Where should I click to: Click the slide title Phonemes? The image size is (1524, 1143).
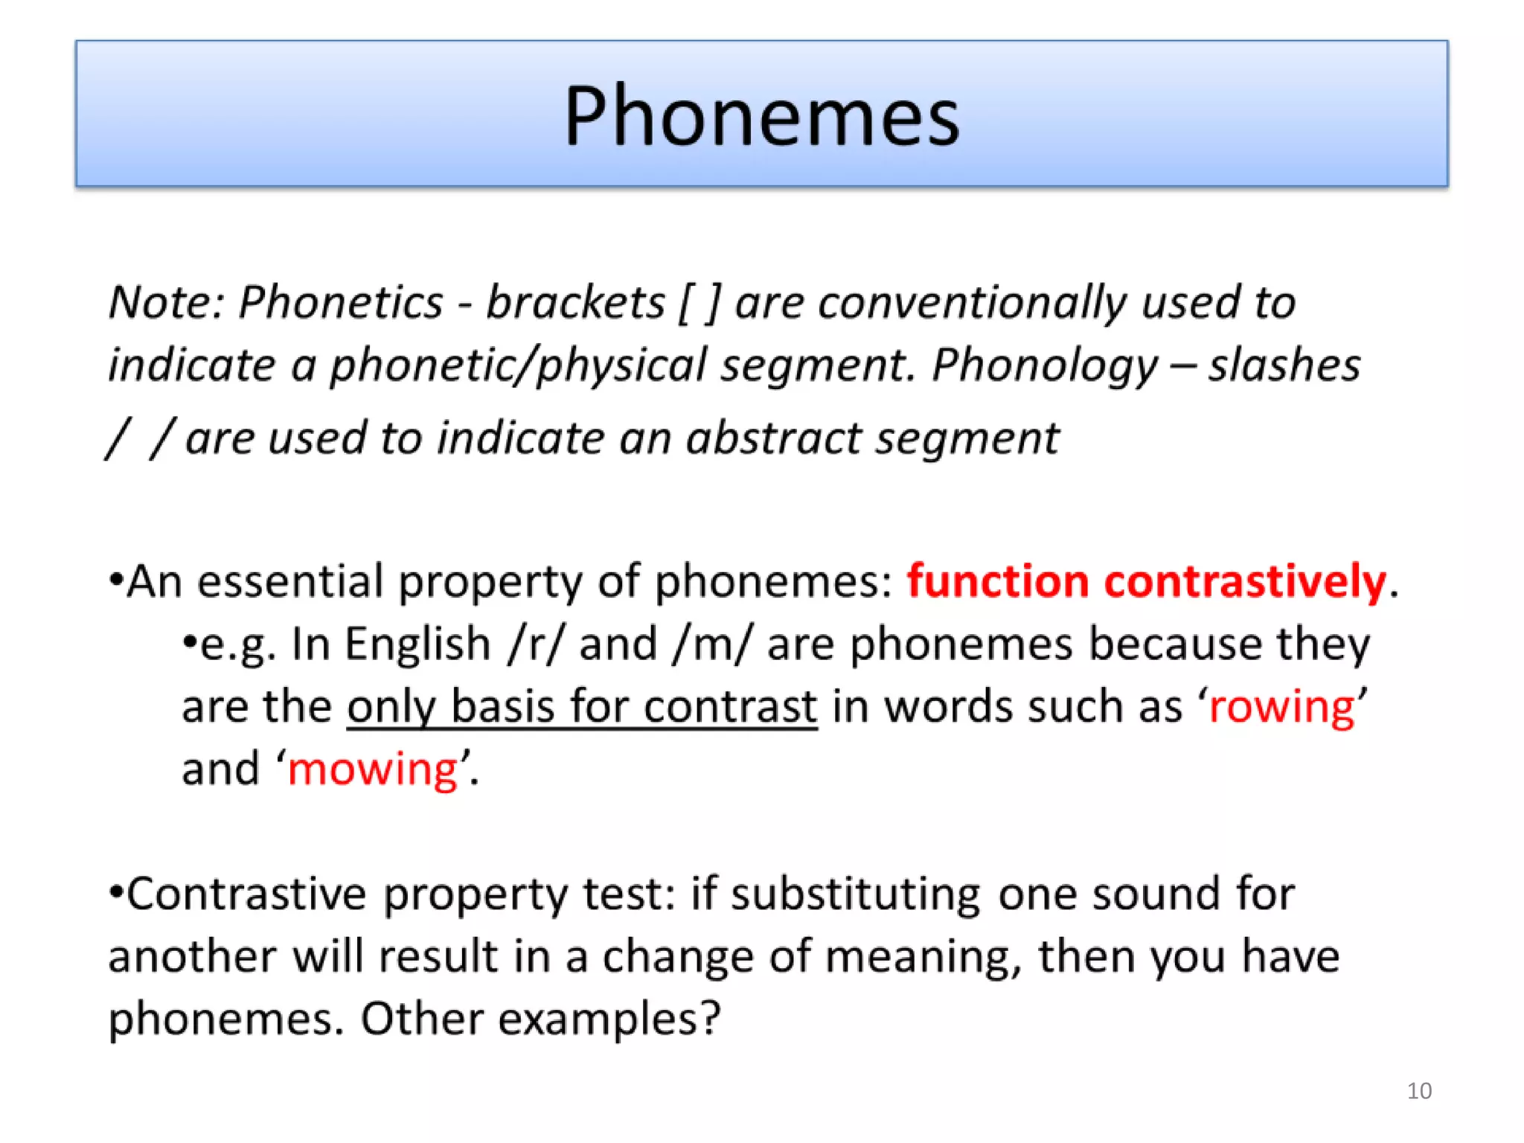(761, 117)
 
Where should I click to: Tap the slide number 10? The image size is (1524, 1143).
(1419, 1091)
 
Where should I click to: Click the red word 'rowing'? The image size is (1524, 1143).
(1281, 707)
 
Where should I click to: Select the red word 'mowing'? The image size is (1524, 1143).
(372, 769)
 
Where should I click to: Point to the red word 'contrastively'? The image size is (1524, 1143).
(1245, 581)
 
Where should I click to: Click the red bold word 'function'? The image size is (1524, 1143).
(997, 581)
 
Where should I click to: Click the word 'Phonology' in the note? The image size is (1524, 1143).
(1044, 366)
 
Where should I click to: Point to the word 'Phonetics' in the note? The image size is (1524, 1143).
(340, 303)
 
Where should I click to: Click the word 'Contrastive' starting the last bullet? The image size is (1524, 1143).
(246, 894)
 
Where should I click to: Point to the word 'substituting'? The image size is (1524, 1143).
(855, 894)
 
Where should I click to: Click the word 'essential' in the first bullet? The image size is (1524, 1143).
(289, 581)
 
